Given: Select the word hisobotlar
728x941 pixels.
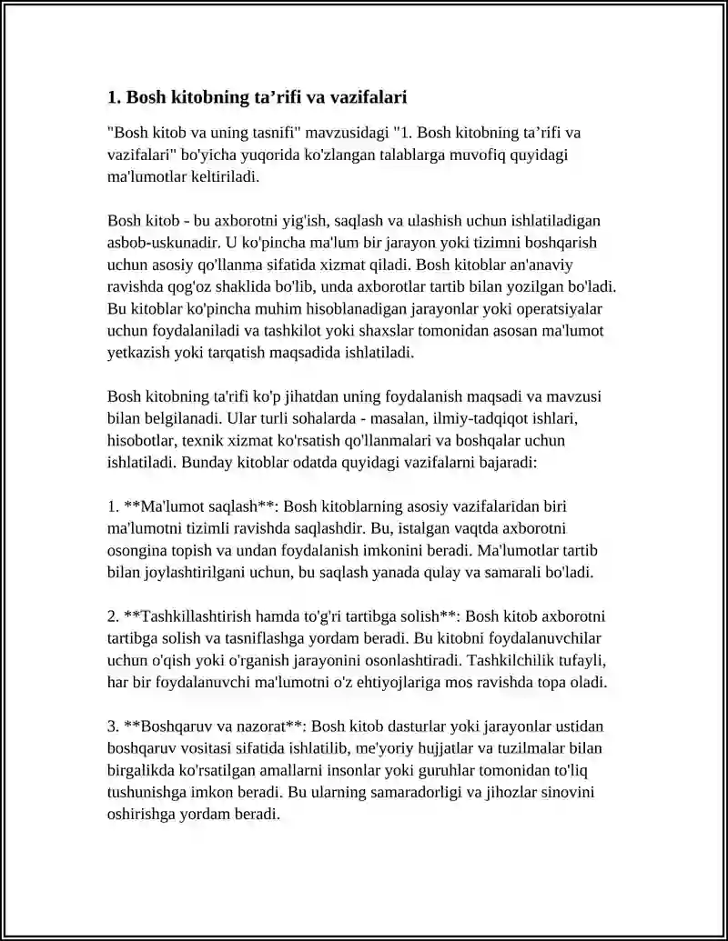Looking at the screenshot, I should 141,439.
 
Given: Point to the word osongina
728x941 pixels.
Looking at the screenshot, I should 136,549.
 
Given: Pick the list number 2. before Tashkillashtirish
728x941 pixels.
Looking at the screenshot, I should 114,616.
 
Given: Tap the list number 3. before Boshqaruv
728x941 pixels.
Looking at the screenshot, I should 114,726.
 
